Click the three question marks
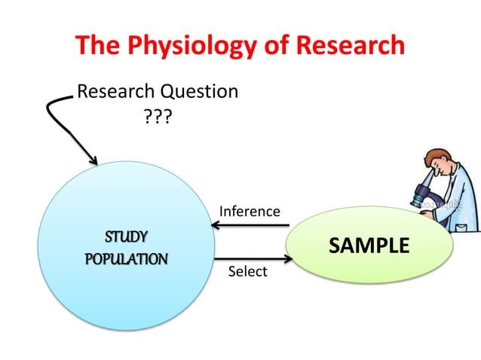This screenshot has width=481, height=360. pyautogui.click(x=157, y=118)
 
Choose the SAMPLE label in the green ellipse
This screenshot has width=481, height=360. pyautogui.click(x=369, y=246)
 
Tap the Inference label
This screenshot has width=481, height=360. pyautogui.click(x=250, y=212)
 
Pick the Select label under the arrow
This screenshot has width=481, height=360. pyautogui.click(x=248, y=271)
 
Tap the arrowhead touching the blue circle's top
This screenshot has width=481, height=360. pyautogui.click(x=93, y=160)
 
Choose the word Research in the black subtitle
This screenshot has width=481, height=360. pyautogui.click(x=114, y=92)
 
